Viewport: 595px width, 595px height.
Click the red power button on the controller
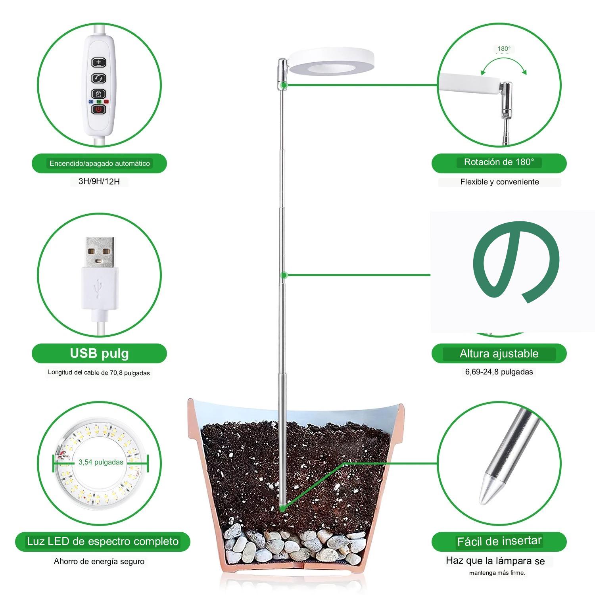tap(99, 109)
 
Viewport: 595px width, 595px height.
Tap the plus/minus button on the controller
tap(99, 62)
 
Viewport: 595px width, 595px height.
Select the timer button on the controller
tap(99, 94)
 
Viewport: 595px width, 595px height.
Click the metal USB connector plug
tap(100, 251)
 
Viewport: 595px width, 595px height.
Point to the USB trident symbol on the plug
tap(100, 288)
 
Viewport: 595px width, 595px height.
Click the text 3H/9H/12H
tap(99, 182)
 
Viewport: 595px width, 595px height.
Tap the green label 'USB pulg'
tap(99, 353)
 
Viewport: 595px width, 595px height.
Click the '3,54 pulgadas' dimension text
tap(101, 462)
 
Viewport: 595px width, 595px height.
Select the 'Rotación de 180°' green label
tap(499, 162)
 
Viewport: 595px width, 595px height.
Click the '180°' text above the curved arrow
tap(504, 49)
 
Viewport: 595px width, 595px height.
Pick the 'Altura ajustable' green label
tap(499, 353)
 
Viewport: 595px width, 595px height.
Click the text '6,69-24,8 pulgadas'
tap(499, 372)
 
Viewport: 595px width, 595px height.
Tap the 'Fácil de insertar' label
tap(499, 541)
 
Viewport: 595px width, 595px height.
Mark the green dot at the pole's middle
tap(284, 275)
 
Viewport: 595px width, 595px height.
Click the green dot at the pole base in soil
tap(282, 508)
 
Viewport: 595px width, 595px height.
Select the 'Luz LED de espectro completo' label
tap(103, 541)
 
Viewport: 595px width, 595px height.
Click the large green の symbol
tap(516, 260)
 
